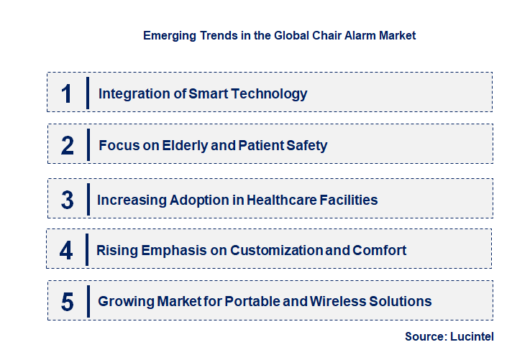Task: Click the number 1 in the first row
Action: pyautogui.click(x=68, y=93)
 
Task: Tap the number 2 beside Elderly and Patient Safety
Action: pyautogui.click(x=68, y=146)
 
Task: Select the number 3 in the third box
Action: pyautogui.click(x=68, y=200)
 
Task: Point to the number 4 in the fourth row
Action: pyautogui.click(x=67, y=250)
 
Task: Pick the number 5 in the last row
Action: pyautogui.click(x=68, y=302)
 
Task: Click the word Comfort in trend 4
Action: pyautogui.click(x=380, y=250)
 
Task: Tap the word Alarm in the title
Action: pyautogui.click(x=355, y=34)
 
